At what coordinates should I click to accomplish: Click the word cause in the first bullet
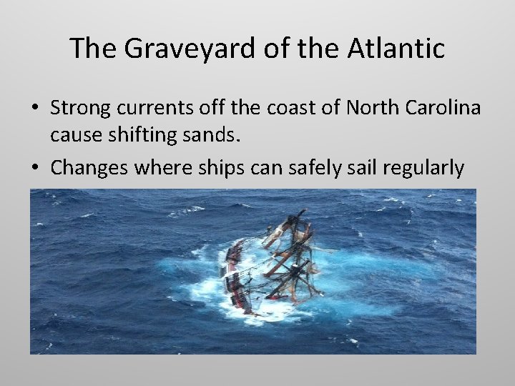point(71,134)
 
